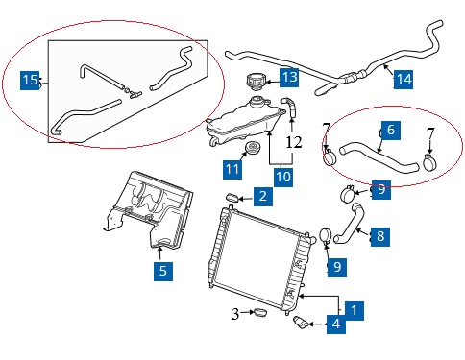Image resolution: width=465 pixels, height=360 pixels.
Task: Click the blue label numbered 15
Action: (x=30, y=81)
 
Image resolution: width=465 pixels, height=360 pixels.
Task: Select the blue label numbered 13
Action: (x=289, y=77)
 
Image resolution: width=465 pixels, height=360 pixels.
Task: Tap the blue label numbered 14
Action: (x=404, y=79)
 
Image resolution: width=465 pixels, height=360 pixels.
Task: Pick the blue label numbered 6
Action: (x=391, y=131)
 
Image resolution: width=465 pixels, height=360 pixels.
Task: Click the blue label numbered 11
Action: (x=232, y=169)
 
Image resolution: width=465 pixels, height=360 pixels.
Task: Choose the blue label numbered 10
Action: (x=283, y=177)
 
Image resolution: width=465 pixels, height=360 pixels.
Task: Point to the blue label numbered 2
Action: (x=263, y=196)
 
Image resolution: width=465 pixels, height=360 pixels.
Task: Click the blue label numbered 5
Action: (x=163, y=272)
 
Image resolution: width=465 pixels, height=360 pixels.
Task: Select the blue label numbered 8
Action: (x=380, y=237)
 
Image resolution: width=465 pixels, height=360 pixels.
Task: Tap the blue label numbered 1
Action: (x=355, y=310)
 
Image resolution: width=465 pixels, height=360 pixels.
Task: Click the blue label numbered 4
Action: (x=336, y=324)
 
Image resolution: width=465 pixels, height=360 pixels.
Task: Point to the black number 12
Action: (x=294, y=142)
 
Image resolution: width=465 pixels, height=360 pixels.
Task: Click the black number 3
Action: (x=235, y=314)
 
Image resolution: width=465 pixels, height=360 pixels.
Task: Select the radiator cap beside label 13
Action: (x=256, y=82)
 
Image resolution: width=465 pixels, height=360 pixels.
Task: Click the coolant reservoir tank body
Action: (x=245, y=122)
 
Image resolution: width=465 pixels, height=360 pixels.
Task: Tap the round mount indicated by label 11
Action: (x=253, y=149)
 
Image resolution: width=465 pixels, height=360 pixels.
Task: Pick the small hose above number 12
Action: (x=289, y=108)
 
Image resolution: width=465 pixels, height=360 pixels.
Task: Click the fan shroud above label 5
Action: (x=150, y=209)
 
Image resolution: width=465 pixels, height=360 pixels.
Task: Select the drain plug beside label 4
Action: (x=301, y=323)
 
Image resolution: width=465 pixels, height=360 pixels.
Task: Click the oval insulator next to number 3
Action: (x=260, y=312)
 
